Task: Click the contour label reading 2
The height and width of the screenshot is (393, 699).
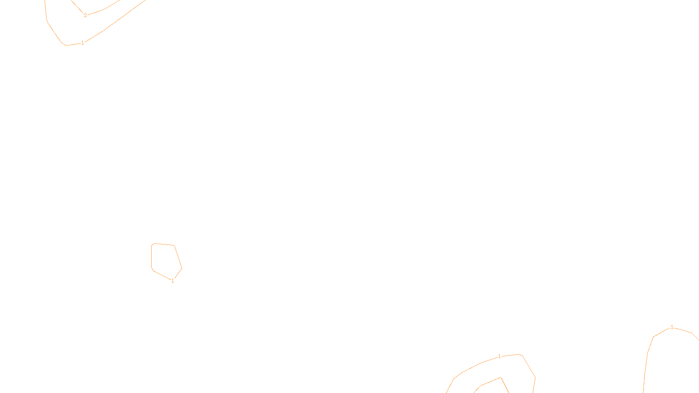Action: (x=85, y=15)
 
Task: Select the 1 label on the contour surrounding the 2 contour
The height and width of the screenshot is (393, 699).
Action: (x=83, y=43)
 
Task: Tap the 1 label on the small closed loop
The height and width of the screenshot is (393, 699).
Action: (x=173, y=281)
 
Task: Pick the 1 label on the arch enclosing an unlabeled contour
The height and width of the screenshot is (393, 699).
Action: (x=499, y=357)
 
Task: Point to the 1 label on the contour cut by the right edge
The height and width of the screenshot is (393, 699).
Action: (x=672, y=327)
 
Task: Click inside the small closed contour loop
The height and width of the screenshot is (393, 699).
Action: (x=165, y=260)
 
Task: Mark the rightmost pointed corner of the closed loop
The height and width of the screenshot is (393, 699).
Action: (x=182, y=268)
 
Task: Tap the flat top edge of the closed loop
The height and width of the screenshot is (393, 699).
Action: (x=164, y=244)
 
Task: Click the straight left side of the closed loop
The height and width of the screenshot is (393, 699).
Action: (x=151, y=258)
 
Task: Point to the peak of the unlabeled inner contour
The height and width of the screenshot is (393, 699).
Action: (x=501, y=378)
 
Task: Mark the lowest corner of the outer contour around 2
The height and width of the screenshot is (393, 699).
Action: (x=66, y=45)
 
